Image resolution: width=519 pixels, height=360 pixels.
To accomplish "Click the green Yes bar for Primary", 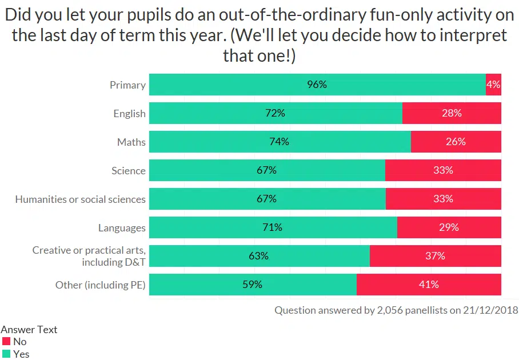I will tap(317, 85).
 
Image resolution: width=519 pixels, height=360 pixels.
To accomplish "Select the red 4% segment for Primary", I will tap(493, 85).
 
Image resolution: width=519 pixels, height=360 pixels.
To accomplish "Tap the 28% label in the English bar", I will tap(452, 113).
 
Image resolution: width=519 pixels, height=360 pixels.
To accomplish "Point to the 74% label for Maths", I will tap(279, 142).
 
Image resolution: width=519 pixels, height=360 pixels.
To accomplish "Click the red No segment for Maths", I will tap(456, 142).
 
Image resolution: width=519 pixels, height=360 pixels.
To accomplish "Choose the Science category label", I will tap(129, 170).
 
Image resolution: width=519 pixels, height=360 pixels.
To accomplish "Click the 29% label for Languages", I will tap(449, 227).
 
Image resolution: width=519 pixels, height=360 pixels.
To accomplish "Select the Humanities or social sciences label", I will tap(81, 199).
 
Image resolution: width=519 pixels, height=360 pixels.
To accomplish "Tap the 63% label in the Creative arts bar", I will tap(258, 256).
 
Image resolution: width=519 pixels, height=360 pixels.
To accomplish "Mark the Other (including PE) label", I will tap(101, 285).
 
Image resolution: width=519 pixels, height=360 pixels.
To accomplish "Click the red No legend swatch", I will tap(6, 342).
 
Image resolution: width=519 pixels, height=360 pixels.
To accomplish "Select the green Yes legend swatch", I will tap(6, 354).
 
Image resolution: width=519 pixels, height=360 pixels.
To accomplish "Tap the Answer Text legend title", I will tap(29, 330).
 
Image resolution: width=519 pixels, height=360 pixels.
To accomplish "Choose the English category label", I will tap(129, 113).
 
